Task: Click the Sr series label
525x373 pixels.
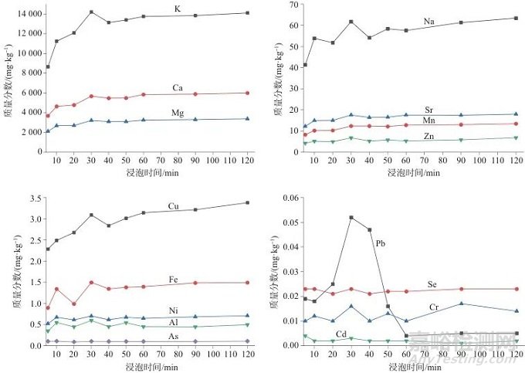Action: pos(428,110)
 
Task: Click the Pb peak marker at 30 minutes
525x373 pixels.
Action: pos(351,218)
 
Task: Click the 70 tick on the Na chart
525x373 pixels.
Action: pos(292,5)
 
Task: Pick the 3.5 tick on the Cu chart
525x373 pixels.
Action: pos(32,198)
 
